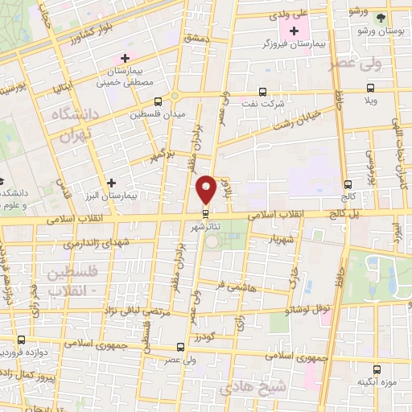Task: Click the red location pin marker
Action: click(x=206, y=188)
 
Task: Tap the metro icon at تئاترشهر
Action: click(x=206, y=213)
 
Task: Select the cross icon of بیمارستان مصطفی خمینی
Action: click(x=124, y=58)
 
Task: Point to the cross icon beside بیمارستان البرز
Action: click(x=111, y=183)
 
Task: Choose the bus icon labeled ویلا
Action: click(x=370, y=89)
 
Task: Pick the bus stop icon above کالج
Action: click(x=348, y=183)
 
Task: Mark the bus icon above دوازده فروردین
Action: click(x=22, y=340)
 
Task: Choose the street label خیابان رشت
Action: click(x=299, y=121)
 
